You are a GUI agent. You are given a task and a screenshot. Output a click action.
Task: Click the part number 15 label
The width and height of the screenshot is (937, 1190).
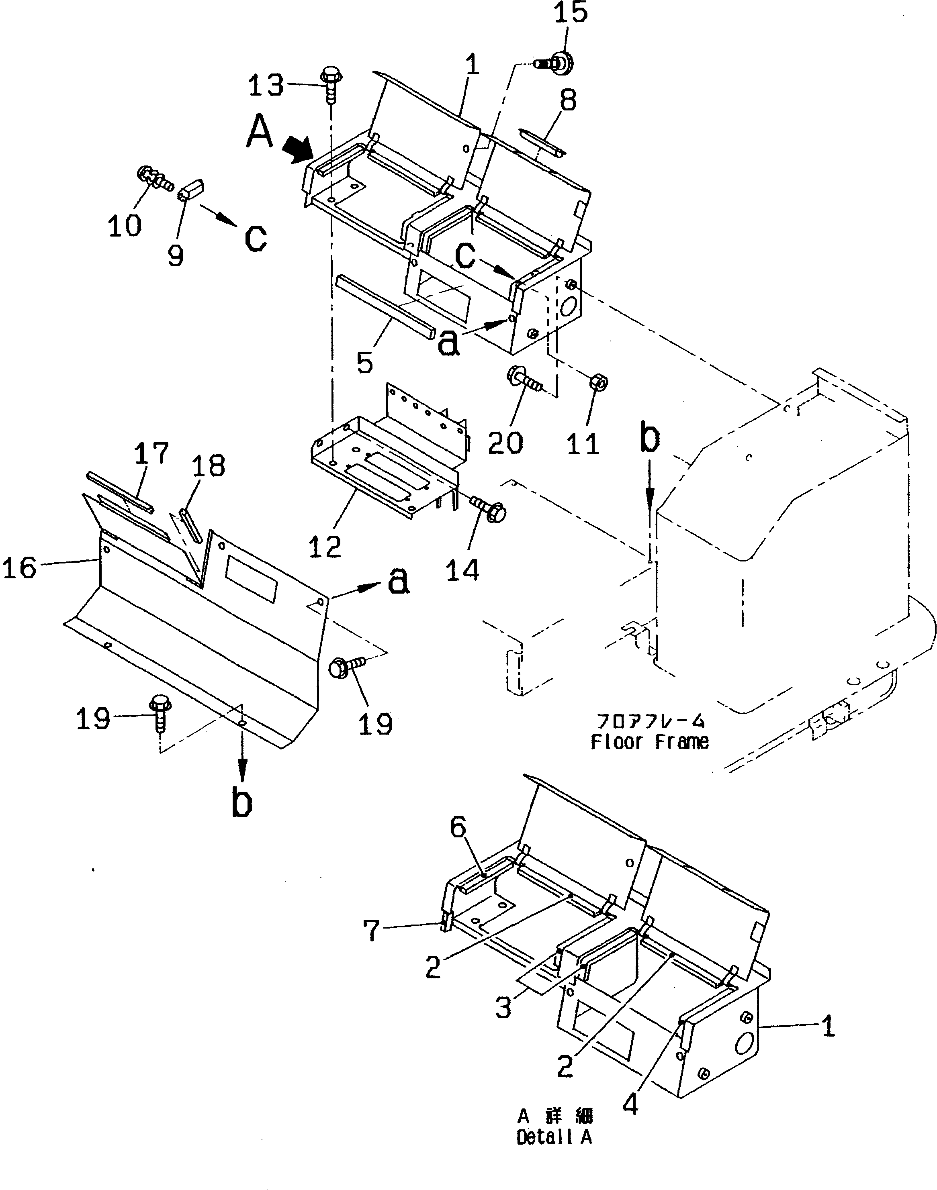571,13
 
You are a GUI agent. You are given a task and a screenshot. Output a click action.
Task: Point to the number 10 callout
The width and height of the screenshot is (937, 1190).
125,225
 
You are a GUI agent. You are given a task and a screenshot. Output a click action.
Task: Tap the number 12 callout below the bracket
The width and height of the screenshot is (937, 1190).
325,547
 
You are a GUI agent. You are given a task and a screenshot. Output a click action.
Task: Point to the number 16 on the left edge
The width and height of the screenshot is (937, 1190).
20,567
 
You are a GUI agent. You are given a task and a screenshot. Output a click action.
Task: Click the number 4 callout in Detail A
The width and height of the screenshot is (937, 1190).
631,1106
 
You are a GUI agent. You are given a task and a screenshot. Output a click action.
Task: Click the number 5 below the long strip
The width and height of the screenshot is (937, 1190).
365,363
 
